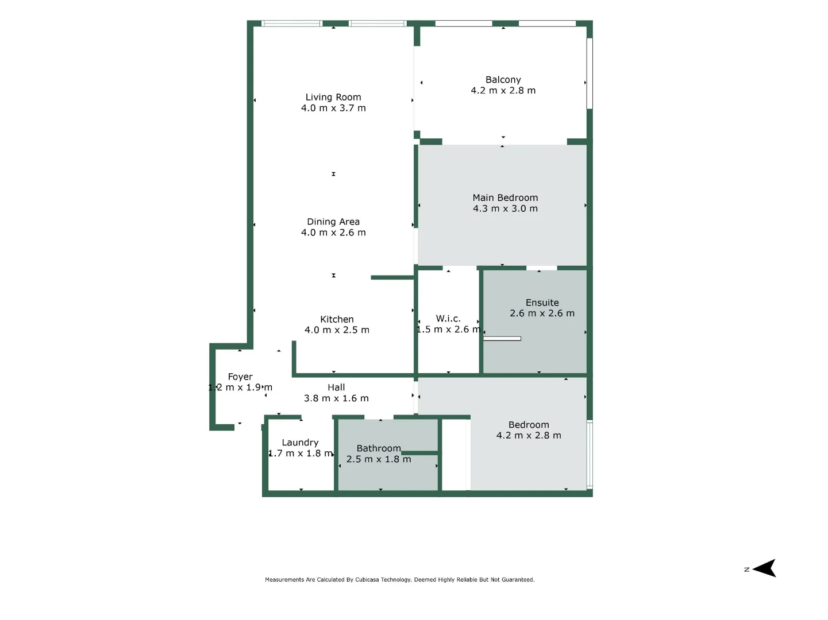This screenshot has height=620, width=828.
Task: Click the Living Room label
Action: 333,98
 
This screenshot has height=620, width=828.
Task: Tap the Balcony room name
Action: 503,80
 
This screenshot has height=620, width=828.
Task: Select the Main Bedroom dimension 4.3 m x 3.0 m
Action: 505,208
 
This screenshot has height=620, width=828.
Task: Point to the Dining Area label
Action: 333,222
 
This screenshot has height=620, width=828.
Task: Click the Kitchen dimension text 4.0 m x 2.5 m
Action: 337,330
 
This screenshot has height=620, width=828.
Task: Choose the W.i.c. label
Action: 448,319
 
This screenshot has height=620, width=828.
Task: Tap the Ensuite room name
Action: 542,303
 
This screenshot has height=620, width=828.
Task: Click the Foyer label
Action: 240,377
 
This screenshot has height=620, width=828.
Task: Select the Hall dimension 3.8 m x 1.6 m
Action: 336,398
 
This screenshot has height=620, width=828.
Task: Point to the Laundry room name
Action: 300,443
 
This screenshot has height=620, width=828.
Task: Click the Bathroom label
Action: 379,448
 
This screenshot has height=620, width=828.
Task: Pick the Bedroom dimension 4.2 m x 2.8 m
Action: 529,436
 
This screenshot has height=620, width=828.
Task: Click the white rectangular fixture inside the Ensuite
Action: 502,339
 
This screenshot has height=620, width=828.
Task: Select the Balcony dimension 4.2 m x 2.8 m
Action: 503,91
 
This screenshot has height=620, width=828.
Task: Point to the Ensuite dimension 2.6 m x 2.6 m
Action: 542,313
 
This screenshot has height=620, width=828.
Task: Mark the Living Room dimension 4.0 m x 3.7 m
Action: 333,108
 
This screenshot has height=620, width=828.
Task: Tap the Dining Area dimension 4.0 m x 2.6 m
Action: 333,232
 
